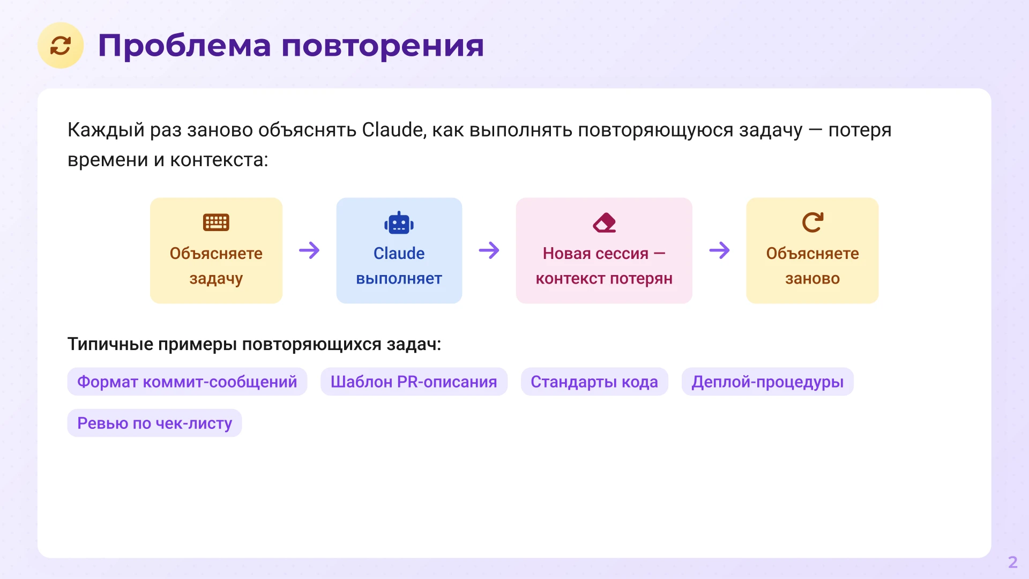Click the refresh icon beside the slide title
click(x=61, y=46)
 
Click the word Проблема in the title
click(x=184, y=46)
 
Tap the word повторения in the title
click(x=382, y=46)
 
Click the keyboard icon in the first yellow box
click(x=216, y=222)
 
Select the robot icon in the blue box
click(x=399, y=223)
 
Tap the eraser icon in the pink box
click(x=604, y=222)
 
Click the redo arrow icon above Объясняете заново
click(x=812, y=222)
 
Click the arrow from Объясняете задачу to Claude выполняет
click(x=309, y=250)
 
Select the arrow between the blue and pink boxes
click(x=489, y=250)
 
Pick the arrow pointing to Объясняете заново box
click(x=719, y=250)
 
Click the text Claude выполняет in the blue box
click(x=399, y=266)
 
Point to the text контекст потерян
click(x=604, y=279)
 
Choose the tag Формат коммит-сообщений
click(x=187, y=382)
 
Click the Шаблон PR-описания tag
click(x=414, y=382)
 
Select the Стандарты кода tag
click(x=594, y=382)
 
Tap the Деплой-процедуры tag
click(x=767, y=382)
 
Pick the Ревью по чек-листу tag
click(x=154, y=423)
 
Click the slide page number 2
click(x=1012, y=562)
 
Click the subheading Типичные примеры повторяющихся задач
click(x=254, y=344)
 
